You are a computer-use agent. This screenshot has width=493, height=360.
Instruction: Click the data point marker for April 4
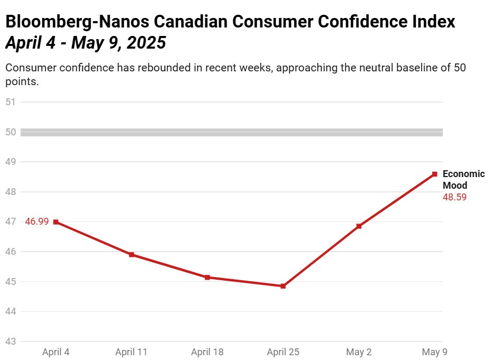click(x=55, y=222)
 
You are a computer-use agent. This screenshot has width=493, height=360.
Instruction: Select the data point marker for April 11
click(x=132, y=255)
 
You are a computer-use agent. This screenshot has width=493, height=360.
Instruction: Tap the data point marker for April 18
click(x=207, y=277)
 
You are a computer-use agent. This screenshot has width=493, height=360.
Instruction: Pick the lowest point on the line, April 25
click(x=283, y=286)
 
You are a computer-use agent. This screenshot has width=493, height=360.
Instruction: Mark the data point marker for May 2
click(x=359, y=226)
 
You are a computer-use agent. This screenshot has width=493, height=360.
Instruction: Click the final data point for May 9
click(x=434, y=174)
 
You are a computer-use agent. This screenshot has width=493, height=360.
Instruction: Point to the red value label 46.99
click(x=37, y=222)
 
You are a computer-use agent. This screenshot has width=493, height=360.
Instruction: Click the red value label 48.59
click(x=454, y=197)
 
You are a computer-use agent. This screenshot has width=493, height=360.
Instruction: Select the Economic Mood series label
click(x=463, y=180)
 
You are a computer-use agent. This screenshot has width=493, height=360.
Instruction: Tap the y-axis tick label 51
click(x=11, y=102)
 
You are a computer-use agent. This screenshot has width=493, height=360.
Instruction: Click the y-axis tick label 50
click(x=11, y=132)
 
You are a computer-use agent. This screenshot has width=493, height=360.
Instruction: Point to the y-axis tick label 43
click(x=11, y=342)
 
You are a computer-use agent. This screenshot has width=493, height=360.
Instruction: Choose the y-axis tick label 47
click(x=11, y=222)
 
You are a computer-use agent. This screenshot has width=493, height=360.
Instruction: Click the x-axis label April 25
click(x=283, y=352)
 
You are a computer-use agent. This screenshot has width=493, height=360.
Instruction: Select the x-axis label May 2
click(x=359, y=352)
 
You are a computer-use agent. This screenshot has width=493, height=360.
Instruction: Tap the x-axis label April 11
click(x=132, y=352)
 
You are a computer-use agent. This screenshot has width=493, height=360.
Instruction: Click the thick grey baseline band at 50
click(x=232, y=132)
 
